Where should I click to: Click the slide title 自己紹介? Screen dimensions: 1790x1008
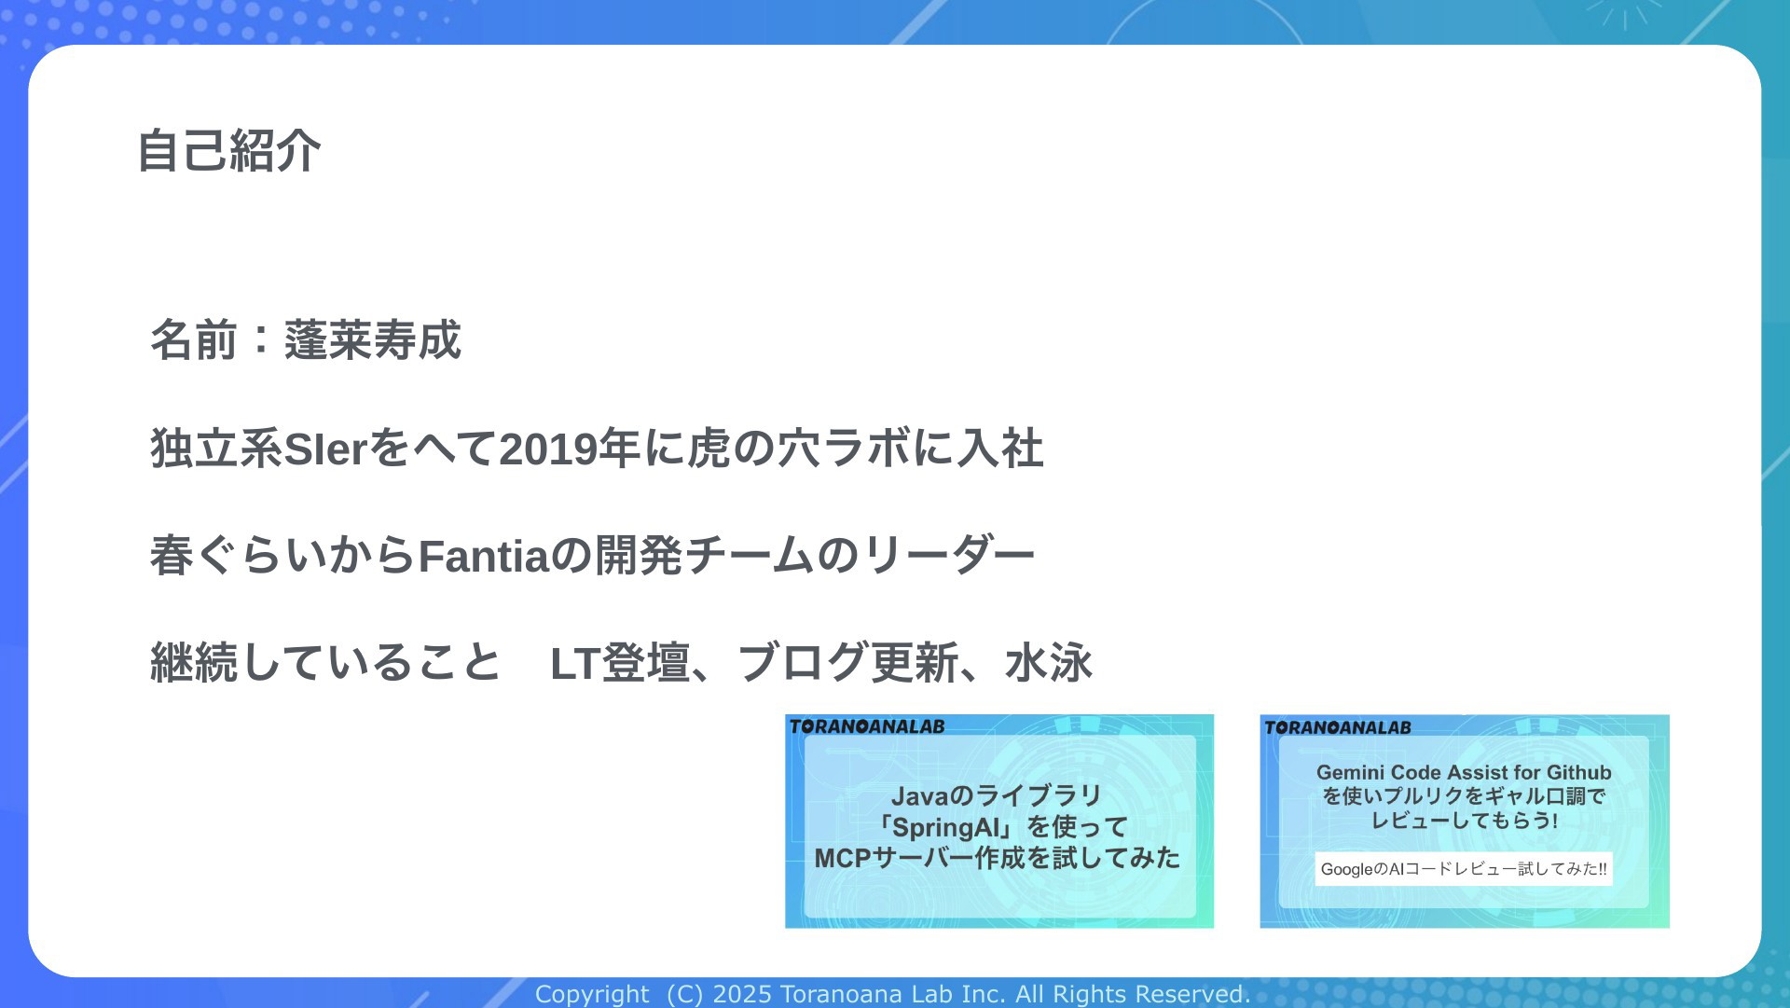(229, 151)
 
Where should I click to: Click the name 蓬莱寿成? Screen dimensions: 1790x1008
(373, 339)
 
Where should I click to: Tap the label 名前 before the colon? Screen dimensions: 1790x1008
(194, 339)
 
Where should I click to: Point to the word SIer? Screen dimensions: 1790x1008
(325, 449)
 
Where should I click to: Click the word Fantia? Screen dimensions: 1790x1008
(483, 557)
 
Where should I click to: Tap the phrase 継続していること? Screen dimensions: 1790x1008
(325, 663)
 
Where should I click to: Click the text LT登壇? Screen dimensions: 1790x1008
(620, 663)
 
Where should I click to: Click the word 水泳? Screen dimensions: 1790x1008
(1049, 663)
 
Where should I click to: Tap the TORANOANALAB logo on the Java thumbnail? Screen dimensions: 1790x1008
(867, 726)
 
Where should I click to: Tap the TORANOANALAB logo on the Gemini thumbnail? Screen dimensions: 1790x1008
(1338, 727)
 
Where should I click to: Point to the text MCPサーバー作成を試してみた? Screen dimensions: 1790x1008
(998, 858)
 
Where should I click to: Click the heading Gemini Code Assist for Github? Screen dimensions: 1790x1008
(1464, 772)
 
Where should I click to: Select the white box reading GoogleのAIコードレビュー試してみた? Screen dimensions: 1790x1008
(1464, 869)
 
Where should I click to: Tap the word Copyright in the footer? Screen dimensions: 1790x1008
(592, 995)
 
